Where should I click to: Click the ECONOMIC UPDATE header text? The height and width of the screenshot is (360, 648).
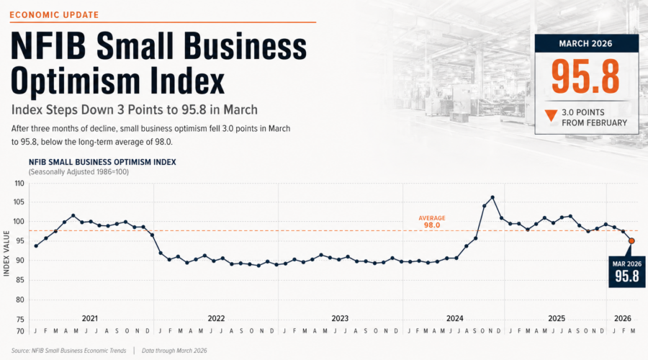tap(54, 14)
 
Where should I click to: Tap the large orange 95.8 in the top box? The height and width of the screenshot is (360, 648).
tap(585, 76)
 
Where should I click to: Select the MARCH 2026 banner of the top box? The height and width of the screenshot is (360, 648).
tap(585, 43)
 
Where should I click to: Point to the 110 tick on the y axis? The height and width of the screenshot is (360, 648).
tap(19, 183)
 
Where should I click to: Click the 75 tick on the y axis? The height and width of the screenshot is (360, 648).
tap(19, 319)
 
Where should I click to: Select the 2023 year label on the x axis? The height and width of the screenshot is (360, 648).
tap(340, 318)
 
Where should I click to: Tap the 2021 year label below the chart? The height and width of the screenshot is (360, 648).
tap(90, 318)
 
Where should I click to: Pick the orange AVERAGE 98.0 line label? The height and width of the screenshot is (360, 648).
tap(432, 221)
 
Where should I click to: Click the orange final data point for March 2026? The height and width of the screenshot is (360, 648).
tap(631, 241)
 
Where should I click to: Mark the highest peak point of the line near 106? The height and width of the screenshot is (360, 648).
tap(492, 197)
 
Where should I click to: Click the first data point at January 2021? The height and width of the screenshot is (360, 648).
tap(36, 246)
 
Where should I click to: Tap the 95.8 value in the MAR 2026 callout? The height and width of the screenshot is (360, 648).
tap(625, 276)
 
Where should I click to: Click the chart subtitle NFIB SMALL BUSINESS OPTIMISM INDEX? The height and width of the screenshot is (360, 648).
tap(102, 162)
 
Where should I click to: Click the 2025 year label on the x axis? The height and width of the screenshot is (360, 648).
tap(556, 318)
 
